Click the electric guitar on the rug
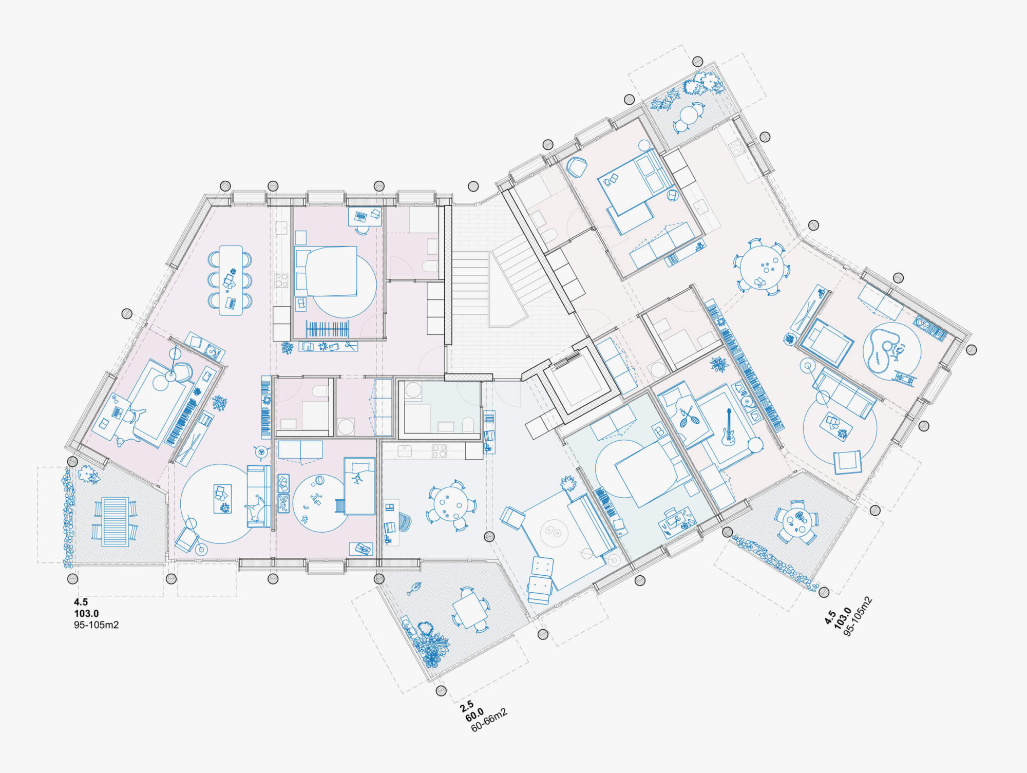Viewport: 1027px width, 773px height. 728,427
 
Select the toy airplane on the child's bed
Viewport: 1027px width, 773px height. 357,478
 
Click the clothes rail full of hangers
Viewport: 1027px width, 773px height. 328,329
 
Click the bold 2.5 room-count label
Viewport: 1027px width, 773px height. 467,706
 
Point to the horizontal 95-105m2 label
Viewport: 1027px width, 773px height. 97,625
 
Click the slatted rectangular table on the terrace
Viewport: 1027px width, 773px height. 115,521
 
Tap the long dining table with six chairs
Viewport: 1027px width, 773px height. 231,280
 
